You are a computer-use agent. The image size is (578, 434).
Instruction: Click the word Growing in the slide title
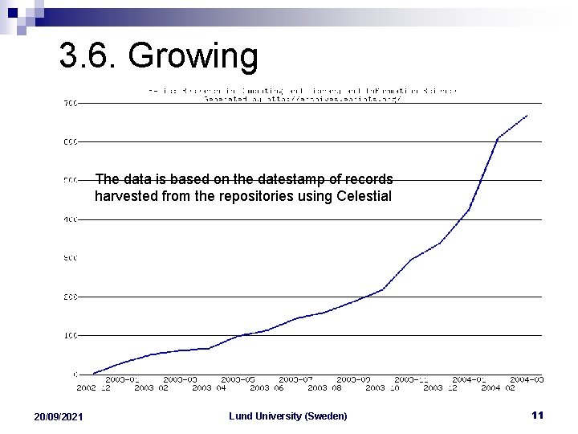pyautogui.click(x=193, y=57)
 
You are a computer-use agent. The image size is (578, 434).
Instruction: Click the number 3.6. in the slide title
pyautogui.click(x=88, y=57)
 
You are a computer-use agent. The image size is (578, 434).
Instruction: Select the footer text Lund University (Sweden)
pyautogui.click(x=288, y=416)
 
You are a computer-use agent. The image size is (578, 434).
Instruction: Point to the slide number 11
pyautogui.click(x=538, y=415)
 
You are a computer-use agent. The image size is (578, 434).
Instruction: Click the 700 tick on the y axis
pyautogui.click(x=70, y=103)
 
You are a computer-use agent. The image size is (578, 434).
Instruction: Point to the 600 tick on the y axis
pyautogui.click(x=70, y=141)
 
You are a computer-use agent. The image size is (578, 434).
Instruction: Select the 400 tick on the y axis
pyautogui.click(x=70, y=219)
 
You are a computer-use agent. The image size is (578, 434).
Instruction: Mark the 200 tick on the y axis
pyautogui.click(x=70, y=297)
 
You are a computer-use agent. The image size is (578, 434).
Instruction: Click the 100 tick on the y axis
pyautogui.click(x=70, y=335)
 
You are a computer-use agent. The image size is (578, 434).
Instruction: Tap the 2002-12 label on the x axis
pyautogui.click(x=94, y=387)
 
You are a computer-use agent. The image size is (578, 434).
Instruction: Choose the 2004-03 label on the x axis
pyautogui.click(x=528, y=379)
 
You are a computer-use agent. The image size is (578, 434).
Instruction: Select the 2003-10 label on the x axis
pyautogui.click(x=383, y=387)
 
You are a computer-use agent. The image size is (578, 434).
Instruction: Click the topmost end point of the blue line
pyautogui.click(x=527, y=116)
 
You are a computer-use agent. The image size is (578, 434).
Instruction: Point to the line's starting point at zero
pyautogui.click(x=94, y=373)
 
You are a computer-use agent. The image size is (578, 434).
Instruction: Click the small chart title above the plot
pyautogui.click(x=302, y=95)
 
